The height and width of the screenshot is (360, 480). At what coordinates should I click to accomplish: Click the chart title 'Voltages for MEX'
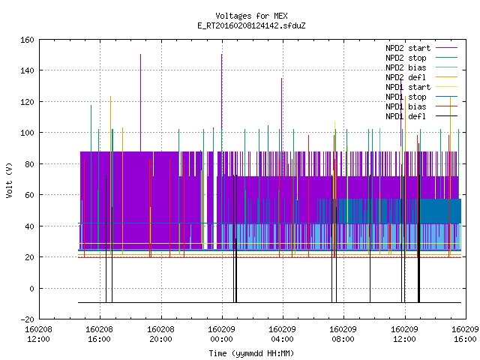(251, 16)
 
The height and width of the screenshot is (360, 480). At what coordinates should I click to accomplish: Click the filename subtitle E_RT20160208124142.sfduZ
(251, 25)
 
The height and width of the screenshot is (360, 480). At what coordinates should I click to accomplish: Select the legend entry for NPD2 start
(421, 48)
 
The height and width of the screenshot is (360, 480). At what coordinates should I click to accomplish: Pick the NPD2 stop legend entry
(421, 58)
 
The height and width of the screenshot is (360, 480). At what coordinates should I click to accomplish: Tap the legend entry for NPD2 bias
(421, 67)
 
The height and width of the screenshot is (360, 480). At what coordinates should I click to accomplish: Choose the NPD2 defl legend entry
(421, 77)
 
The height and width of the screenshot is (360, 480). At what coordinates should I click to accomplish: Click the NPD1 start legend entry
(421, 87)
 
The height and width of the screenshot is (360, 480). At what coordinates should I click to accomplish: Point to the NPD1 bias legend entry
(421, 106)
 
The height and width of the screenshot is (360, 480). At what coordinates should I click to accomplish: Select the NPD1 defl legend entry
(421, 117)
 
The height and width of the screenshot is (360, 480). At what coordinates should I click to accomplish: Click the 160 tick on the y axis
(27, 40)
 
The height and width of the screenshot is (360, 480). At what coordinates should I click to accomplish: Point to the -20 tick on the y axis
(27, 319)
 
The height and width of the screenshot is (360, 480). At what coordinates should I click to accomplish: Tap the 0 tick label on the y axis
(31, 288)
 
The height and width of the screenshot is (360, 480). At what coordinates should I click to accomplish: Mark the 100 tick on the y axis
(27, 133)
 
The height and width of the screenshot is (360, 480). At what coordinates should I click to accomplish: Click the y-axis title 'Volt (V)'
(10, 180)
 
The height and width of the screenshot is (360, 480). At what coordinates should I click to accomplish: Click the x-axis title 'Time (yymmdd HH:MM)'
(251, 353)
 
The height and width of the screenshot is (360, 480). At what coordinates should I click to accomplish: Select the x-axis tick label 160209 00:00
(222, 334)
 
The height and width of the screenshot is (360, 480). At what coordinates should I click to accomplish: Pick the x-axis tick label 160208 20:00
(160, 334)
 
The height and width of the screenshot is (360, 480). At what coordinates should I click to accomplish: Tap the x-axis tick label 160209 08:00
(343, 334)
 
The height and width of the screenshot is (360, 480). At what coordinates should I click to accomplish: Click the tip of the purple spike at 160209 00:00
(222, 55)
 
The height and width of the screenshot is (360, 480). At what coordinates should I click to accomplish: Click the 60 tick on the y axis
(29, 195)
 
